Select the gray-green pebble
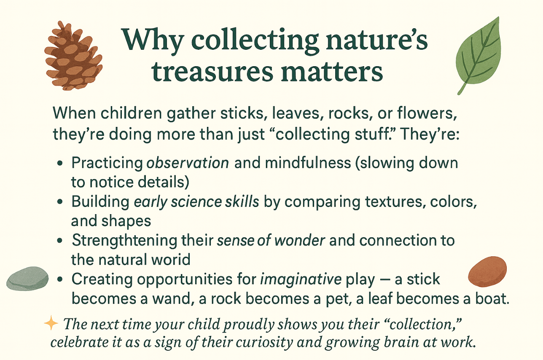[x=27, y=279]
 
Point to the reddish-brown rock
[x=487, y=271]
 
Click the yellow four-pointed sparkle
[x=51, y=323]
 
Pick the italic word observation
[x=188, y=163]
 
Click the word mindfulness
[x=308, y=163]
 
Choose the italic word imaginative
[x=301, y=279]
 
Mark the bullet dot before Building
[x=59, y=201]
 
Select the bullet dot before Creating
[x=59, y=279]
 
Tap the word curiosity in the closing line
[x=264, y=343]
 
